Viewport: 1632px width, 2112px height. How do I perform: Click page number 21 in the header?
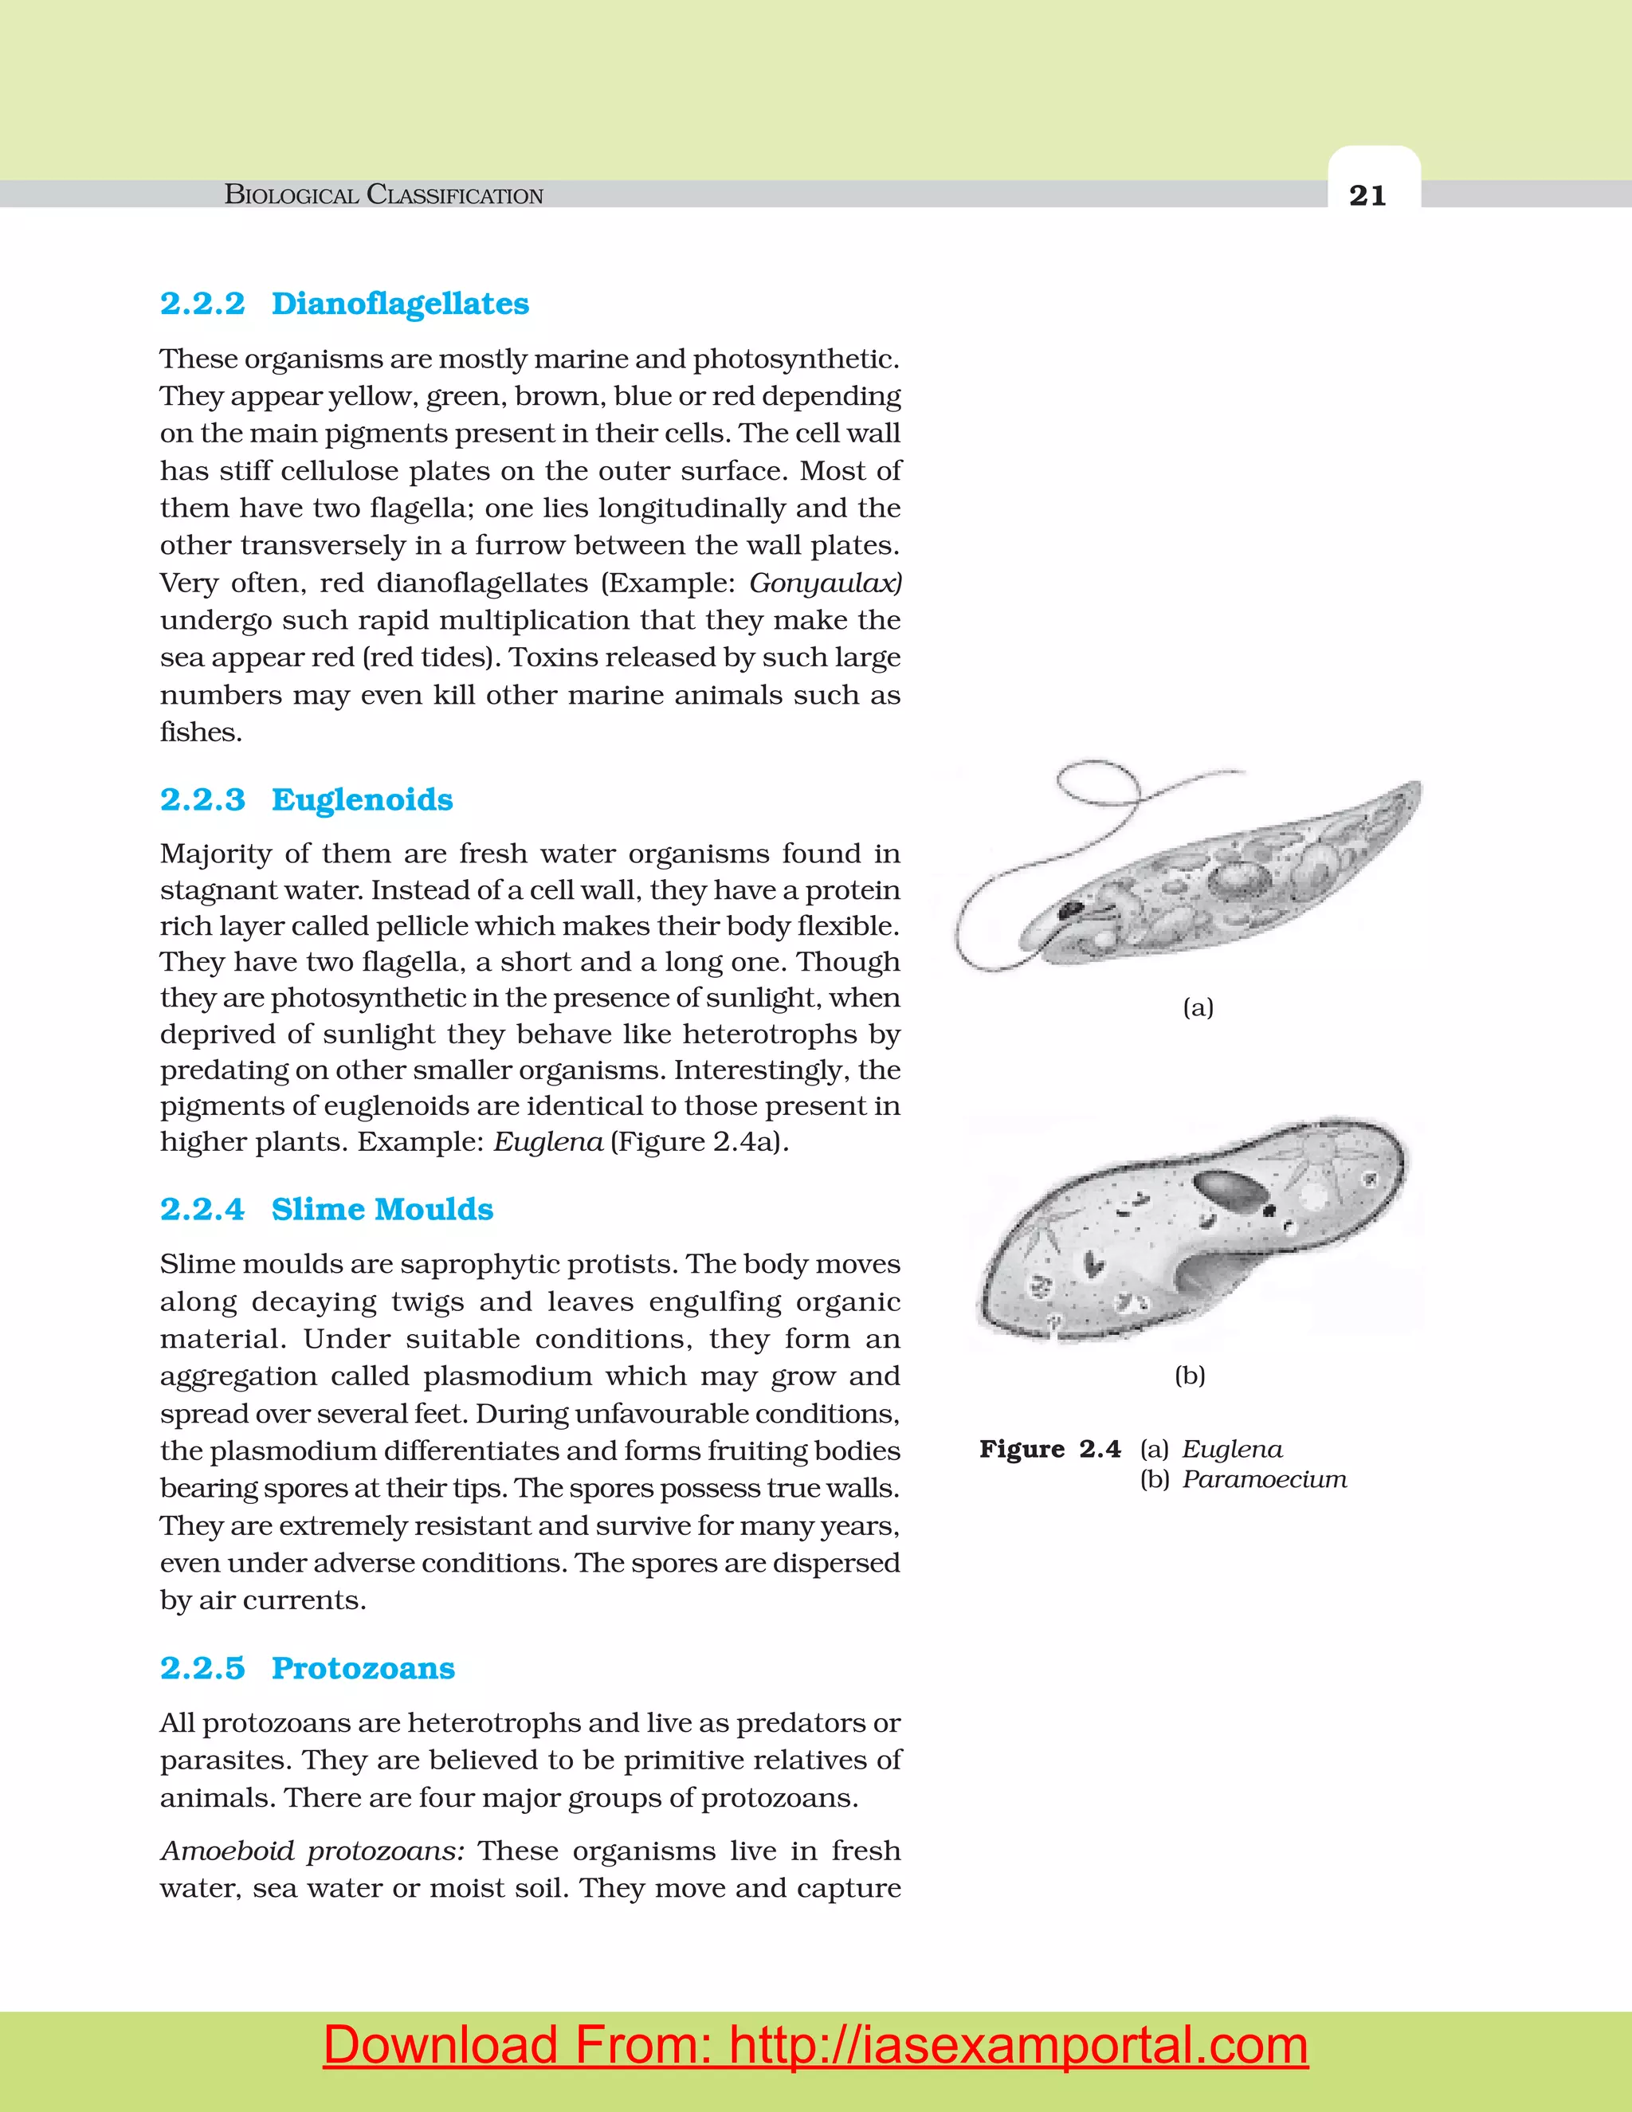[1367, 196]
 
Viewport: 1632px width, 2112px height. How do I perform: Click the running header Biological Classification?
[384, 195]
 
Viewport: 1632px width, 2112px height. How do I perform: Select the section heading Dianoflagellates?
[399, 304]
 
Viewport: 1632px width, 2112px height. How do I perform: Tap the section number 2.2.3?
[202, 799]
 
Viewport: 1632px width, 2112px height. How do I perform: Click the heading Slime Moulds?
[382, 1209]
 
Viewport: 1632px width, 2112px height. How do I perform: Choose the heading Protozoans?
[363, 1667]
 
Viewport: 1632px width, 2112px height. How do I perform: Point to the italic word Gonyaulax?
[825, 583]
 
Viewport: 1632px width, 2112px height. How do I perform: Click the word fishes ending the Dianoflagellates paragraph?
[199, 732]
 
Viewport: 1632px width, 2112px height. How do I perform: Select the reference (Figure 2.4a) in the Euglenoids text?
[699, 1142]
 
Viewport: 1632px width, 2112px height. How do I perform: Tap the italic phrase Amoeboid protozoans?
[312, 1851]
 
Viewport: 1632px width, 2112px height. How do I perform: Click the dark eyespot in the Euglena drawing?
[1070, 909]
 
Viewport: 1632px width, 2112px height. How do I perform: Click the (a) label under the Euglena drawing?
[1198, 1007]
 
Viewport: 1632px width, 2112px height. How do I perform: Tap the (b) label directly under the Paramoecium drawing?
[1189, 1375]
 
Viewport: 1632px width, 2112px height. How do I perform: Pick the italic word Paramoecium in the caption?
[1264, 1479]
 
